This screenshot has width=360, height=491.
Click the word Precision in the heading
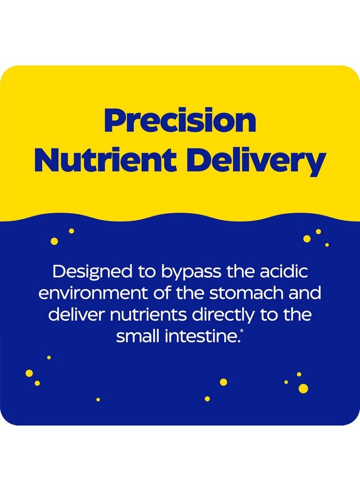click(180, 121)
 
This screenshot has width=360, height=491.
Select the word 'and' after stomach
click(304, 293)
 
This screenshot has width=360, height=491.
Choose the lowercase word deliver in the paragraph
click(71, 315)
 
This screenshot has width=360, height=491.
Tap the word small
click(137, 337)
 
